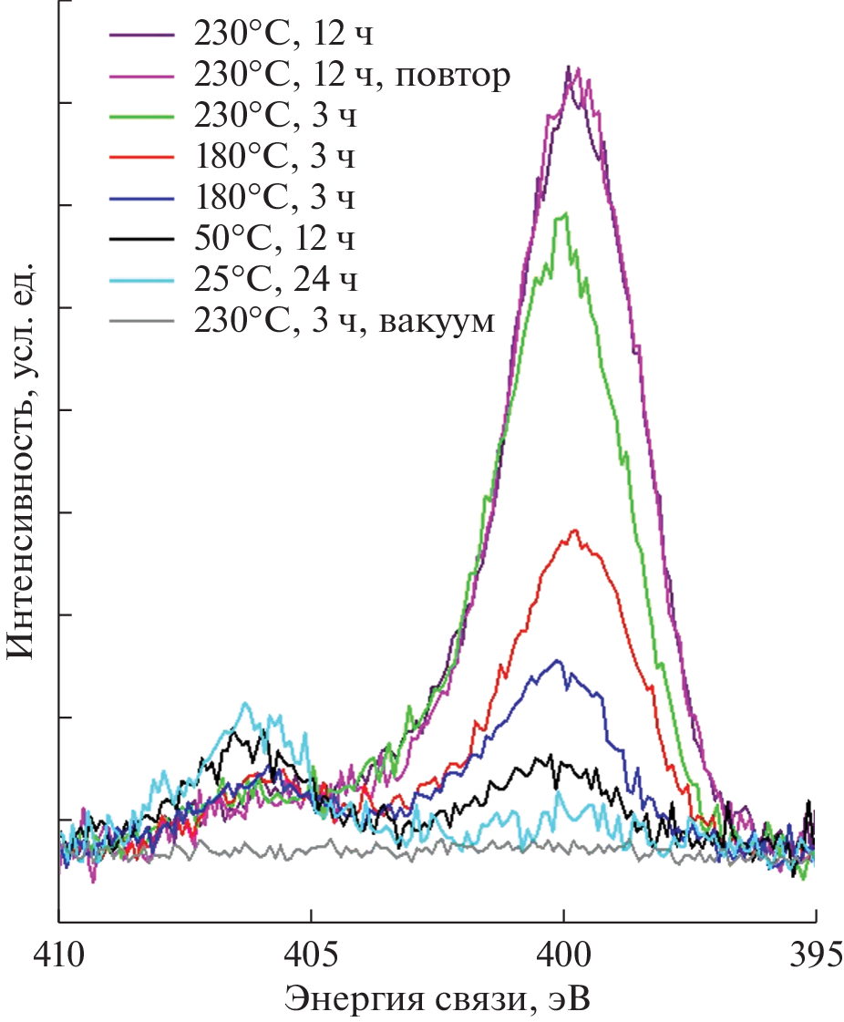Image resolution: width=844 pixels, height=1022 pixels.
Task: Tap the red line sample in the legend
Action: tap(141, 158)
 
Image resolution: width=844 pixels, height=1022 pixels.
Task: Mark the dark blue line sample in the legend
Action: tap(141, 199)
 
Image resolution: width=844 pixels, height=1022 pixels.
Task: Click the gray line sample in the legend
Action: tap(141, 321)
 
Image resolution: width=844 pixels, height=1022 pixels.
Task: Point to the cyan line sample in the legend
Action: tap(141, 280)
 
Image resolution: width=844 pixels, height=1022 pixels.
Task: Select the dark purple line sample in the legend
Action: tap(141, 35)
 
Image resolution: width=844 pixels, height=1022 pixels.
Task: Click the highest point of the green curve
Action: tap(566, 213)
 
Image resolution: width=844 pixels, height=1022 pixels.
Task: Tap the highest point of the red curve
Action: tap(574, 530)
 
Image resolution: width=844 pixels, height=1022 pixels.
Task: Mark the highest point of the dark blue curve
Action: tap(557, 660)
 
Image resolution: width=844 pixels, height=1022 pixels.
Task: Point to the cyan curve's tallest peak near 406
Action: tap(244, 703)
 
